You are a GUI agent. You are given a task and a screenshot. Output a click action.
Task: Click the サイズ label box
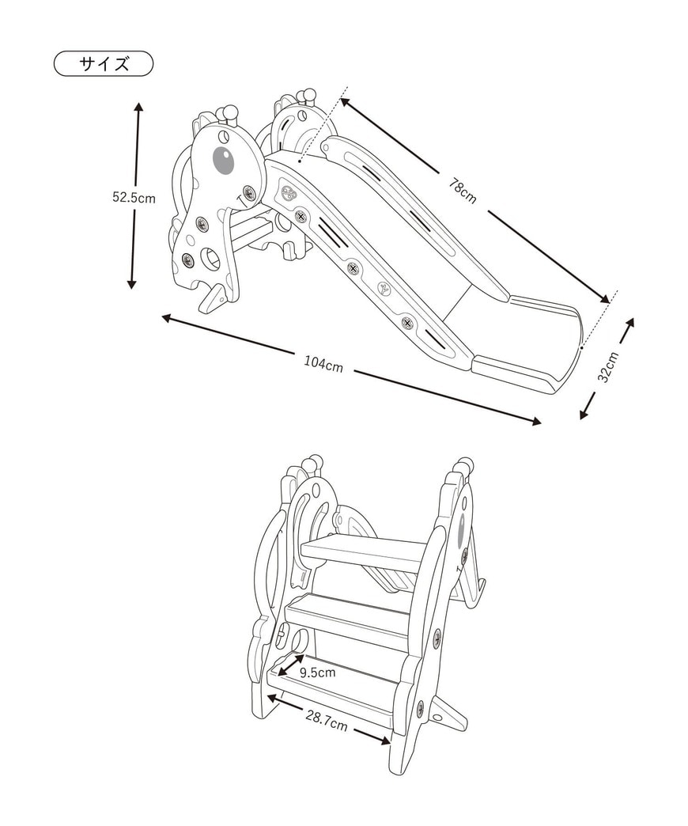pos(103,64)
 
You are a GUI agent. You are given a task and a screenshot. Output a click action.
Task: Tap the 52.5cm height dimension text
pos(134,198)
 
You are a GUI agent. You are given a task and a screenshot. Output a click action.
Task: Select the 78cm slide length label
pos(462,191)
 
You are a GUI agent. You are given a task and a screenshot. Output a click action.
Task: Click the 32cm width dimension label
pos(607,367)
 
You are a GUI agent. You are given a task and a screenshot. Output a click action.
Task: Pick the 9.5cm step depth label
pos(317,673)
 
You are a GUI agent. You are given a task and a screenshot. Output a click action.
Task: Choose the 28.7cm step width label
pos(327,722)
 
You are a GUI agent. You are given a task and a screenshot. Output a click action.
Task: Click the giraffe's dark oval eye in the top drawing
pos(223,160)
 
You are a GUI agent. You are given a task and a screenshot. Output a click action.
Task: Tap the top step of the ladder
pos(364,551)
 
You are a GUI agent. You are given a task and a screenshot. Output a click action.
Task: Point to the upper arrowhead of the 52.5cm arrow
pos(138,107)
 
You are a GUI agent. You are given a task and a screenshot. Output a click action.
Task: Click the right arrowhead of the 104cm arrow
pos(537,422)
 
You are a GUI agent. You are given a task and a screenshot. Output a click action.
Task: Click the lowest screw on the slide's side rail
pos(407,323)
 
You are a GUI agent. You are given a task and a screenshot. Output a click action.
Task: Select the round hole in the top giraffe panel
pos(210,257)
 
